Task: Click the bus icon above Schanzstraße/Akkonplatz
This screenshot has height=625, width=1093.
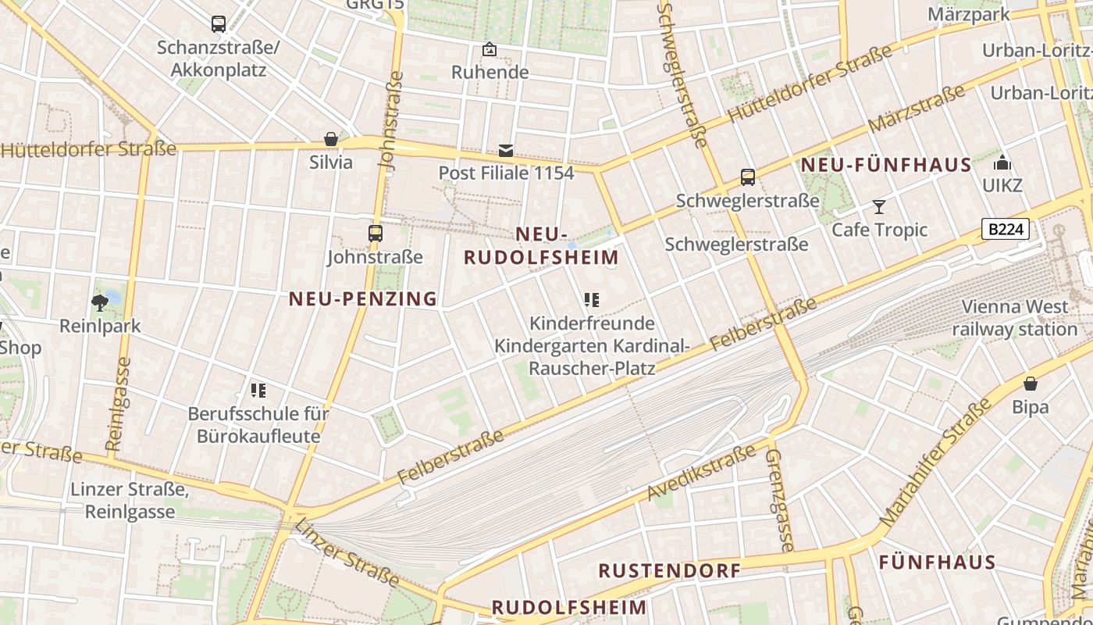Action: click(219, 24)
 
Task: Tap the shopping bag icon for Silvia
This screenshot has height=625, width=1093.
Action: click(331, 140)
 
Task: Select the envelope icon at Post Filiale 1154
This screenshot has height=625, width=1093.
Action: click(506, 150)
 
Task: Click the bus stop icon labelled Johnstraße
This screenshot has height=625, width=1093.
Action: click(376, 234)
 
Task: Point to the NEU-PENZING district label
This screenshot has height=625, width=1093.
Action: click(363, 298)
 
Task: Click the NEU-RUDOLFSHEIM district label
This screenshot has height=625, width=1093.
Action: click(541, 246)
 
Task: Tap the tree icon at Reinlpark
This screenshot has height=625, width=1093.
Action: click(99, 302)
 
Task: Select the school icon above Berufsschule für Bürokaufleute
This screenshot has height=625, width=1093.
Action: click(258, 390)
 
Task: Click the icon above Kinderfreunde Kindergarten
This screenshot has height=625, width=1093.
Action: click(592, 299)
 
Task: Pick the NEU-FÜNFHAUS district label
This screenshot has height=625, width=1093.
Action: click(886, 165)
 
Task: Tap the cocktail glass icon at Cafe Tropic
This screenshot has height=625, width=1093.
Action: click(879, 207)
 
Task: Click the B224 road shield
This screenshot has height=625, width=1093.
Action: click(1005, 229)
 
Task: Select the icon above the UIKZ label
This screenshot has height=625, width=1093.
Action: click(1002, 163)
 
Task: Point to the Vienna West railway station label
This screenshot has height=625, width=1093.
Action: click(1014, 318)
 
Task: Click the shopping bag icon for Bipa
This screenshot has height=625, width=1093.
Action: click(1031, 384)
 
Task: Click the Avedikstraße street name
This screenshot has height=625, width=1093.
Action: click(702, 473)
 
